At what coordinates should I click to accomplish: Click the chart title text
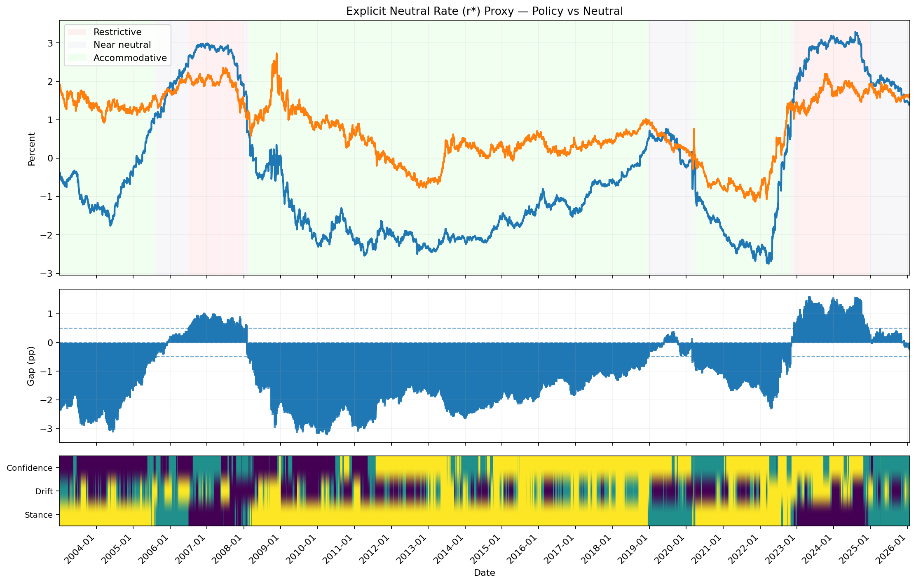click(484, 11)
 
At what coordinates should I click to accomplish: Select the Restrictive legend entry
click(117, 32)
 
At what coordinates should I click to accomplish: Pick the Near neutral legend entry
click(122, 45)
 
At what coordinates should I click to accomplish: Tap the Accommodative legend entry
click(130, 58)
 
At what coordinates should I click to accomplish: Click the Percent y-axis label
click(31, 149)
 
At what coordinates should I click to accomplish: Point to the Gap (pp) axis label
click(31, 366)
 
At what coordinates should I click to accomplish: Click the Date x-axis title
click(484, 573)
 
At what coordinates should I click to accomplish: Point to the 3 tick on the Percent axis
click(52, 43)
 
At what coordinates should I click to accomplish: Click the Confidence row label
click(30, 468)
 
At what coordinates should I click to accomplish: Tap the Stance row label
click(39, 515)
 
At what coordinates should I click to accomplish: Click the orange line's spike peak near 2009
click(276, 54)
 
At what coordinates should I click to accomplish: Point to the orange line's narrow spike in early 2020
click(694, 129)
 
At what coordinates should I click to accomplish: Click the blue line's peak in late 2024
click(856, 32)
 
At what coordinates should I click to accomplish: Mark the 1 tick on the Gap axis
click(52, 314)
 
